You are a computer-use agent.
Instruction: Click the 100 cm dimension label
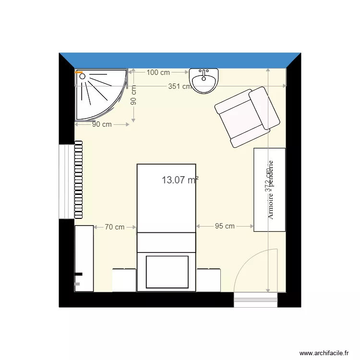[158, 72]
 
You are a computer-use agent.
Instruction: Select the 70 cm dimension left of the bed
[114, 227]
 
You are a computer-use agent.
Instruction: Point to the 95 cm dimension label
[225, 226]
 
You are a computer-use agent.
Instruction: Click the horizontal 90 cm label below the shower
[101, 124]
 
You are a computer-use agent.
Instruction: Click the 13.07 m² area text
[180, 180]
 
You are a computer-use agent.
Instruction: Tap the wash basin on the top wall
[204, 80]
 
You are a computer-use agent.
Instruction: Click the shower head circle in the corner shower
[82, 76]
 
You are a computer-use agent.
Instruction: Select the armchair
[247, 117]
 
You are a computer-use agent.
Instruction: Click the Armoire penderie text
[270, 190]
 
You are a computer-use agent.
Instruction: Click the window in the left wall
[66, 181]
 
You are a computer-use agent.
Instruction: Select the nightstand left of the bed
[124, 280]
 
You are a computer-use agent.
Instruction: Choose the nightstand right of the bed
[208, 280]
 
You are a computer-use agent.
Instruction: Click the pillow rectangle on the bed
[167, 271]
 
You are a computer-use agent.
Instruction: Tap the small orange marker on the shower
[80, 72]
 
